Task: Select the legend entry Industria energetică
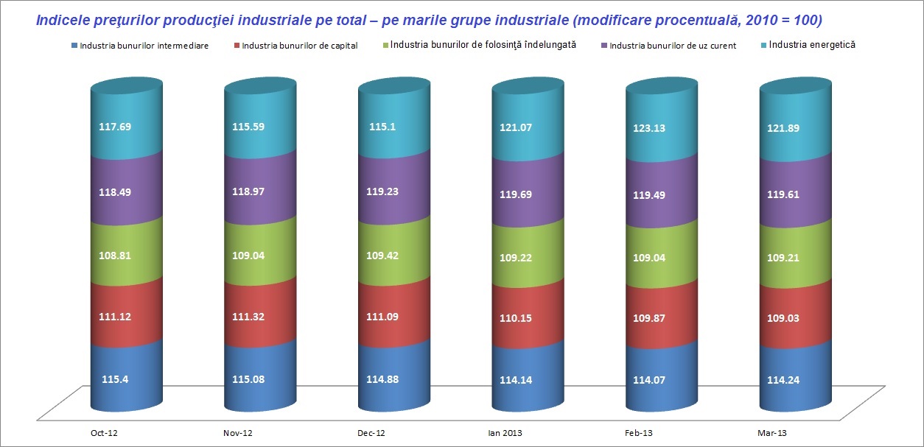[x=811, y=45]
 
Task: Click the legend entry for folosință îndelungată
[x=483, y=45]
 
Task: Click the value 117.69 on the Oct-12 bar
[x=114, y=127]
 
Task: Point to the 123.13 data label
[x=649, y=127]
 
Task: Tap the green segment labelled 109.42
[x=382, y=256]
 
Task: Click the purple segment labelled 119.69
[x=516, y=195]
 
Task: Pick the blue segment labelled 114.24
[x=784, y=381]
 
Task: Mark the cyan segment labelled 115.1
[x=382, y=127]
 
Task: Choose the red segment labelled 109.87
[x=649, y=318]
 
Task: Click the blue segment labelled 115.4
[x=114, y=380]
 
